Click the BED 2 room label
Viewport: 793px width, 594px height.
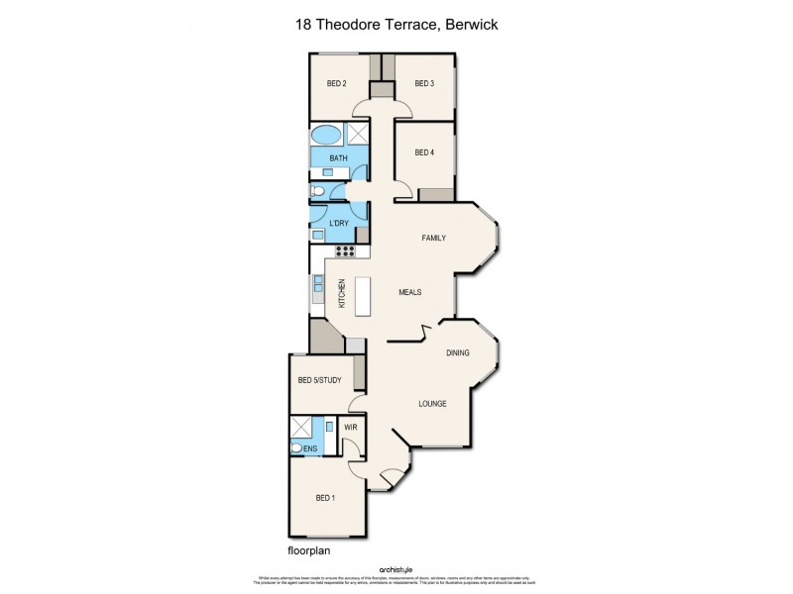[336, 83]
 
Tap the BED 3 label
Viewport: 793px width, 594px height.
[424, 83]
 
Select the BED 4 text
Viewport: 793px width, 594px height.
[424, 151]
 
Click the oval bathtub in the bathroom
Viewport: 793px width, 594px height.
[325, 136]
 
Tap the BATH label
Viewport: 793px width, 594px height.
[338, 158]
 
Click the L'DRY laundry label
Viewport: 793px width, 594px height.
[338, 224]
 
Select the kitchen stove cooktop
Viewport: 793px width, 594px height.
[344, 251]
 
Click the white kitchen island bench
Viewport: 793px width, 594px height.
[362, 296]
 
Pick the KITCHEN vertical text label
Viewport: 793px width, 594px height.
[342, 293]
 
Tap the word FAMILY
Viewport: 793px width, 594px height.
[433, 238]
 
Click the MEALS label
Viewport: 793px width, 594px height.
[410, 292]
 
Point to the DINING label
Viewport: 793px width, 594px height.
[457, 352]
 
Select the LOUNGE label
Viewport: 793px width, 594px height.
[432, 403]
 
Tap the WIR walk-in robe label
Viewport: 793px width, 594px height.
[350, 428]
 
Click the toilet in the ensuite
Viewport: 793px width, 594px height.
[297, 447]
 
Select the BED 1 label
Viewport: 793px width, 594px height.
[326, 497]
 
